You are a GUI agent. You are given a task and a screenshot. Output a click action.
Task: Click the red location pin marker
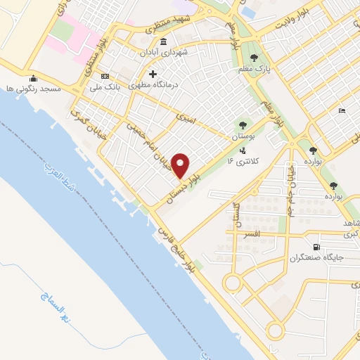[181, 165]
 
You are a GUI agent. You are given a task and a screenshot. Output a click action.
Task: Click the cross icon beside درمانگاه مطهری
[153, 74]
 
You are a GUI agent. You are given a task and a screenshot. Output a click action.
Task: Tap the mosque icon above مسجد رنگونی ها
[32, 78]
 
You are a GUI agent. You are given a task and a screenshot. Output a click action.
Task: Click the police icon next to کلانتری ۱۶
[243, 150]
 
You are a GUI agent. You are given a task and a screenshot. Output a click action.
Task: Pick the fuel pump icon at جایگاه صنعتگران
[316, 247]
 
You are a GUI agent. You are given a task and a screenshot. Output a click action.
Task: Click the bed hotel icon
[342, 110]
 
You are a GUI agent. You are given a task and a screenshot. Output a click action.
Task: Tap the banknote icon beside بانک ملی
[105, 76]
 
